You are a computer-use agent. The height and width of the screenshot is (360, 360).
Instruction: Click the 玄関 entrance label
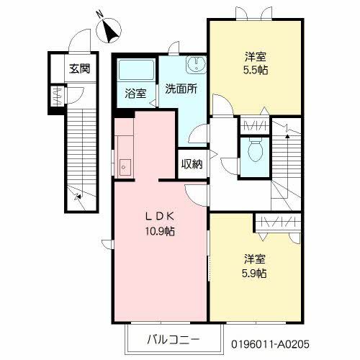tap(80, 69)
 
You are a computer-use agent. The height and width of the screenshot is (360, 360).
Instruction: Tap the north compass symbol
tap(109, 30)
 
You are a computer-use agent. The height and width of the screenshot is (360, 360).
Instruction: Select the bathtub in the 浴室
tap(136, 70)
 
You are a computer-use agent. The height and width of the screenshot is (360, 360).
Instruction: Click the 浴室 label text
tap(135, 94)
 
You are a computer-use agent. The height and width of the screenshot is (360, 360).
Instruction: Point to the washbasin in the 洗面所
tap(197, 64)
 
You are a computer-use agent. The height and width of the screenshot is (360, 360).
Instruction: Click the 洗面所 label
tap(181, 89)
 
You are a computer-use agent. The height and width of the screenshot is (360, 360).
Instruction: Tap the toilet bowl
tap(256, 150)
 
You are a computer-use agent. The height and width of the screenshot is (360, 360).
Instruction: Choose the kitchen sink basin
tap(125, 167)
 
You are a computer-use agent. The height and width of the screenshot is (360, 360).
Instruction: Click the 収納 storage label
tap(192, 164)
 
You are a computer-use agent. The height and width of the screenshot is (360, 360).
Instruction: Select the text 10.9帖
tap(160, 231)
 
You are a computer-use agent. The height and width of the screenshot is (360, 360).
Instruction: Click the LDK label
tap(160, 217)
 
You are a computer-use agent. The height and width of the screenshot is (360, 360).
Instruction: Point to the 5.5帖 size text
tap(256, 71)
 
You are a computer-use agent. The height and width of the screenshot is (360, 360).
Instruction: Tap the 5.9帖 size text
tap(254, 274)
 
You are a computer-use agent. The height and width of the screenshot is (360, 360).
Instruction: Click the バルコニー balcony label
tap(174, 340)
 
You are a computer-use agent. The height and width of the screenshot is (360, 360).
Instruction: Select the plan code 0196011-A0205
tap(270, 344)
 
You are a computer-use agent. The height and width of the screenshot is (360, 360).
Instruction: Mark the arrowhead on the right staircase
tap(287, 136)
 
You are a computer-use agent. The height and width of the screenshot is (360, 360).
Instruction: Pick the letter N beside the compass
tap(100, 15)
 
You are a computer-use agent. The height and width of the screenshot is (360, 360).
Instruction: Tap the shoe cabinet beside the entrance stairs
tap(58, 96)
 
